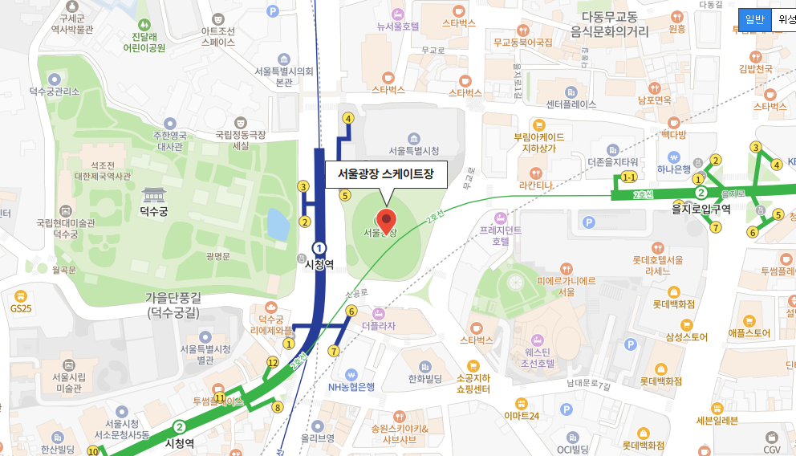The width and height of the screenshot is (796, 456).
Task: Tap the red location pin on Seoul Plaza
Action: point(387,220)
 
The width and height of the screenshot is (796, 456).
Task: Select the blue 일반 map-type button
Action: point(754,20)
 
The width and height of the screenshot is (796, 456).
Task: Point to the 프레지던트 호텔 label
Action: point(501,234)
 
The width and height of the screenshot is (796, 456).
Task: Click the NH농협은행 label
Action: point(351,386)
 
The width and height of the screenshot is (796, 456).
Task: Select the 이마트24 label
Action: point(522,415)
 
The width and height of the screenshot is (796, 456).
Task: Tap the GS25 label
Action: point(20,307)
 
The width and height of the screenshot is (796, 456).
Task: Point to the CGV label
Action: point(772,450)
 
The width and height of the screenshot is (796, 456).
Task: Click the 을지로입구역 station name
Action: point(701,209)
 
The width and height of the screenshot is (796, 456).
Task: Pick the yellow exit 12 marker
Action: point(273,363)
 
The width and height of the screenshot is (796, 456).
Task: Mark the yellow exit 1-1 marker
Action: point(629,177)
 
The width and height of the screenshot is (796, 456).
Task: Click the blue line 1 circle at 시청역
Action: point(319,248)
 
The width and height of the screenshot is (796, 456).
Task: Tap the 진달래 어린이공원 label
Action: point(144,42)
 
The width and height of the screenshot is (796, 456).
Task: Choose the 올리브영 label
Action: point(318,438)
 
